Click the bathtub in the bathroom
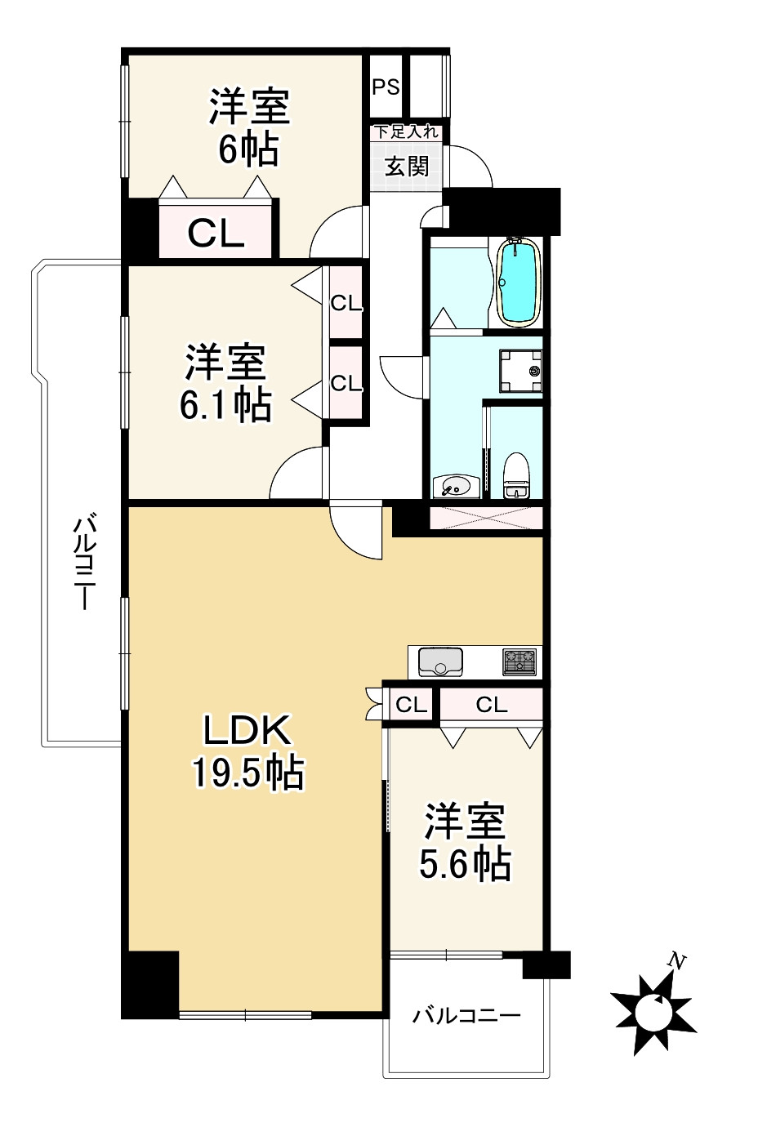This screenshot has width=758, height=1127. point(518,281)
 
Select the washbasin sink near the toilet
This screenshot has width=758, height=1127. point(453,487)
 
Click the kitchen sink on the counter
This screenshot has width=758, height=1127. point(440,661)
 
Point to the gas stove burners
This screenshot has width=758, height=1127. point(519,661)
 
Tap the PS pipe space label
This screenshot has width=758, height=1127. point(386,87)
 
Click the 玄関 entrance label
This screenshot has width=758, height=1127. point(407,167)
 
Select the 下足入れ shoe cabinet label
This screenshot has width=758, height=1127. point(406,132)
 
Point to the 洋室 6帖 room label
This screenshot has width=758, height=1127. point(248,127)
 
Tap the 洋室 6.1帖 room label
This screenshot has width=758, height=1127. point(225,383)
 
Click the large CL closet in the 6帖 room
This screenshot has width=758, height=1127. point(216,234)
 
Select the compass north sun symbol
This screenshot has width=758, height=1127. point(653,1013)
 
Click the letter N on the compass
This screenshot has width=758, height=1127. point(675,961)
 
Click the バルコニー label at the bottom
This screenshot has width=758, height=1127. point(466,1016)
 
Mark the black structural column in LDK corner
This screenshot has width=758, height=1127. point(150,984)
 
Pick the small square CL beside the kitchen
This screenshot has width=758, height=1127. point(411,704)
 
